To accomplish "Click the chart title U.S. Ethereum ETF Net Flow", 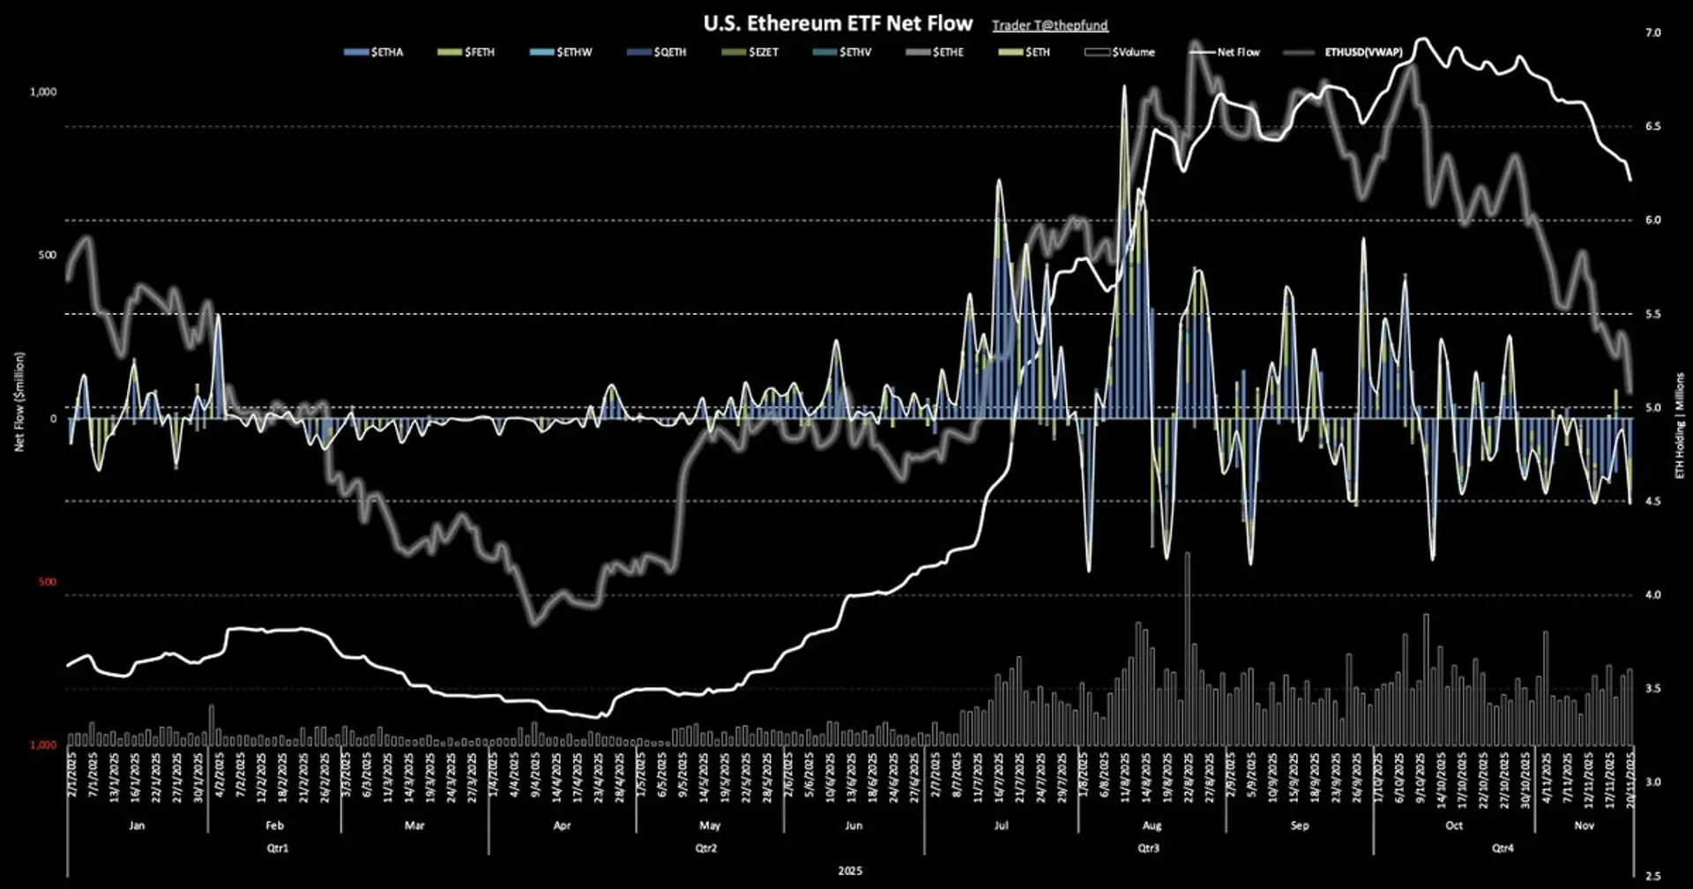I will (x=838, y=24).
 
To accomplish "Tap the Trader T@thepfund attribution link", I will (x=1049, y=26).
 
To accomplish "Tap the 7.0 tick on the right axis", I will (x=1652, y=33).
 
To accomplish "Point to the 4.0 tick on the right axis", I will (x=1652, y=595).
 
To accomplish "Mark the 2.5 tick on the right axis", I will (x=1652, y=876).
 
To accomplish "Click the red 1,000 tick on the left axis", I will (x=43, y=745).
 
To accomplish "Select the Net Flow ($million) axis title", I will (x=19, y=401).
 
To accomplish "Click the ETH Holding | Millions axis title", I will (x=1680, y=425).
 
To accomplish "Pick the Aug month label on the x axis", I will (x=1152, y=826).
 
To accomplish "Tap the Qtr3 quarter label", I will (x=1148, y=848).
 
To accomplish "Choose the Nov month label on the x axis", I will (x=1584, y=826).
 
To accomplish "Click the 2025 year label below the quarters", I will (x=850, y=871).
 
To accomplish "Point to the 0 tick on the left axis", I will (x=53, y=419).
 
